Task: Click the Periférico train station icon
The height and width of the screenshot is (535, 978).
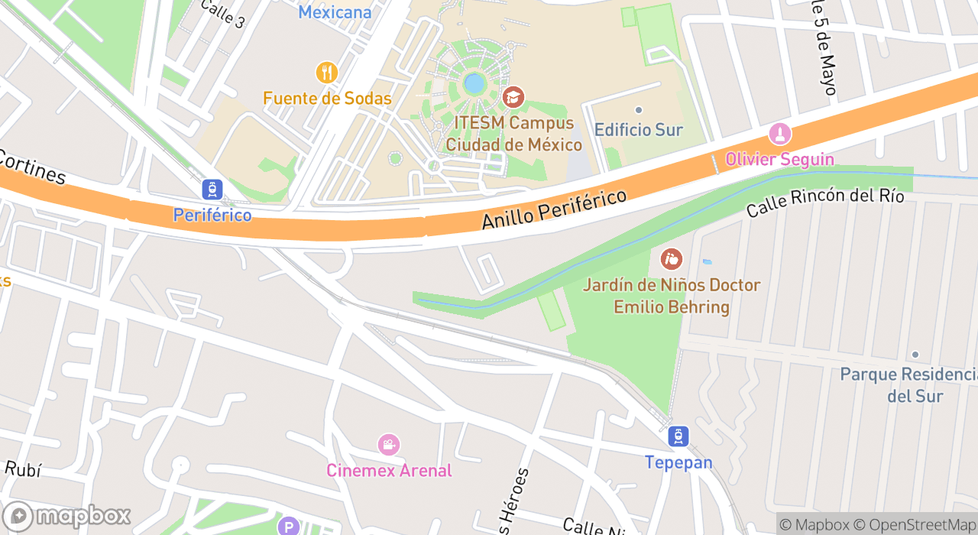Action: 212,189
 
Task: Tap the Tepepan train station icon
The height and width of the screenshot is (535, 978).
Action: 678,436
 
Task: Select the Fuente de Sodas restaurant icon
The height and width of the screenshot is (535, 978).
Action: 327,73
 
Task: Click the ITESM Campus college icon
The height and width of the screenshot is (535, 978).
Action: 513,97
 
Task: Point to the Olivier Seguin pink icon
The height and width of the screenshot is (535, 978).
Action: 779,134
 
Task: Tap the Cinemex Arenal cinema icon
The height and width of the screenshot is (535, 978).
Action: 389,444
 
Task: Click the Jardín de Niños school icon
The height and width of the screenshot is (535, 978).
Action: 672,259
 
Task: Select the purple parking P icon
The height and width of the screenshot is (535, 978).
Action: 288,526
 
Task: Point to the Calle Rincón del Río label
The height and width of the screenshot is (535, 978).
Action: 825,202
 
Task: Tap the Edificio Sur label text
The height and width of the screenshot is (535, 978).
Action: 638,130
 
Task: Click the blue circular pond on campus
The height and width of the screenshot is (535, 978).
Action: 474,82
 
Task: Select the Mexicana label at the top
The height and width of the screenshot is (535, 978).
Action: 335,12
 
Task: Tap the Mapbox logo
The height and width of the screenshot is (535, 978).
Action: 67,516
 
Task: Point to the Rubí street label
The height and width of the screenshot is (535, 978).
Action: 23,469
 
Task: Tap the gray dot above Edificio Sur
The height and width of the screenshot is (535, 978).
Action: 639,110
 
